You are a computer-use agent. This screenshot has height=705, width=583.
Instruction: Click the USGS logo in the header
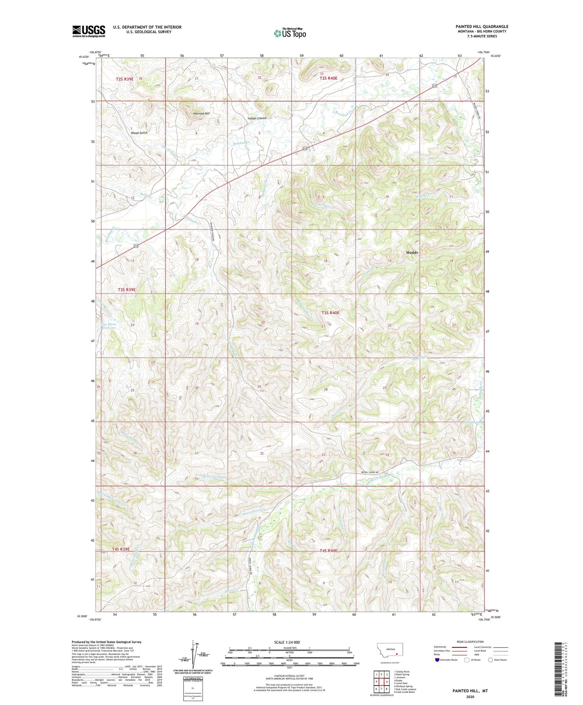click(x=89, y=31)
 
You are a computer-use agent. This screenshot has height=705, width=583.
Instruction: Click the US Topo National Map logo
click(x=290, y=33)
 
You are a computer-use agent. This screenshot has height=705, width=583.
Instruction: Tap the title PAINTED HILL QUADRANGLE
click(x=482, y=26)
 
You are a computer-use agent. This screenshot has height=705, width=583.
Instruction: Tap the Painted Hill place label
click(x=201, y=114)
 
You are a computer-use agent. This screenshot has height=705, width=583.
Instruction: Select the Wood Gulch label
click(x=139, y=133)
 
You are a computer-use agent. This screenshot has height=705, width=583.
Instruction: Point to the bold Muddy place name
click(x=412, y=252)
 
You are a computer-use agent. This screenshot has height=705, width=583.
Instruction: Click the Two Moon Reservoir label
click(x=108, y=326)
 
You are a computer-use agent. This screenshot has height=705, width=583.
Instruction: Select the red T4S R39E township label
click(x=120, y=549)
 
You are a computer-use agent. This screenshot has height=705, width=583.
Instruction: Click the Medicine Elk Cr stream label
click(x=213, y=476)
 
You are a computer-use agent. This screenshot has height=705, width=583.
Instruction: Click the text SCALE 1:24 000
click(x=289, y=642)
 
